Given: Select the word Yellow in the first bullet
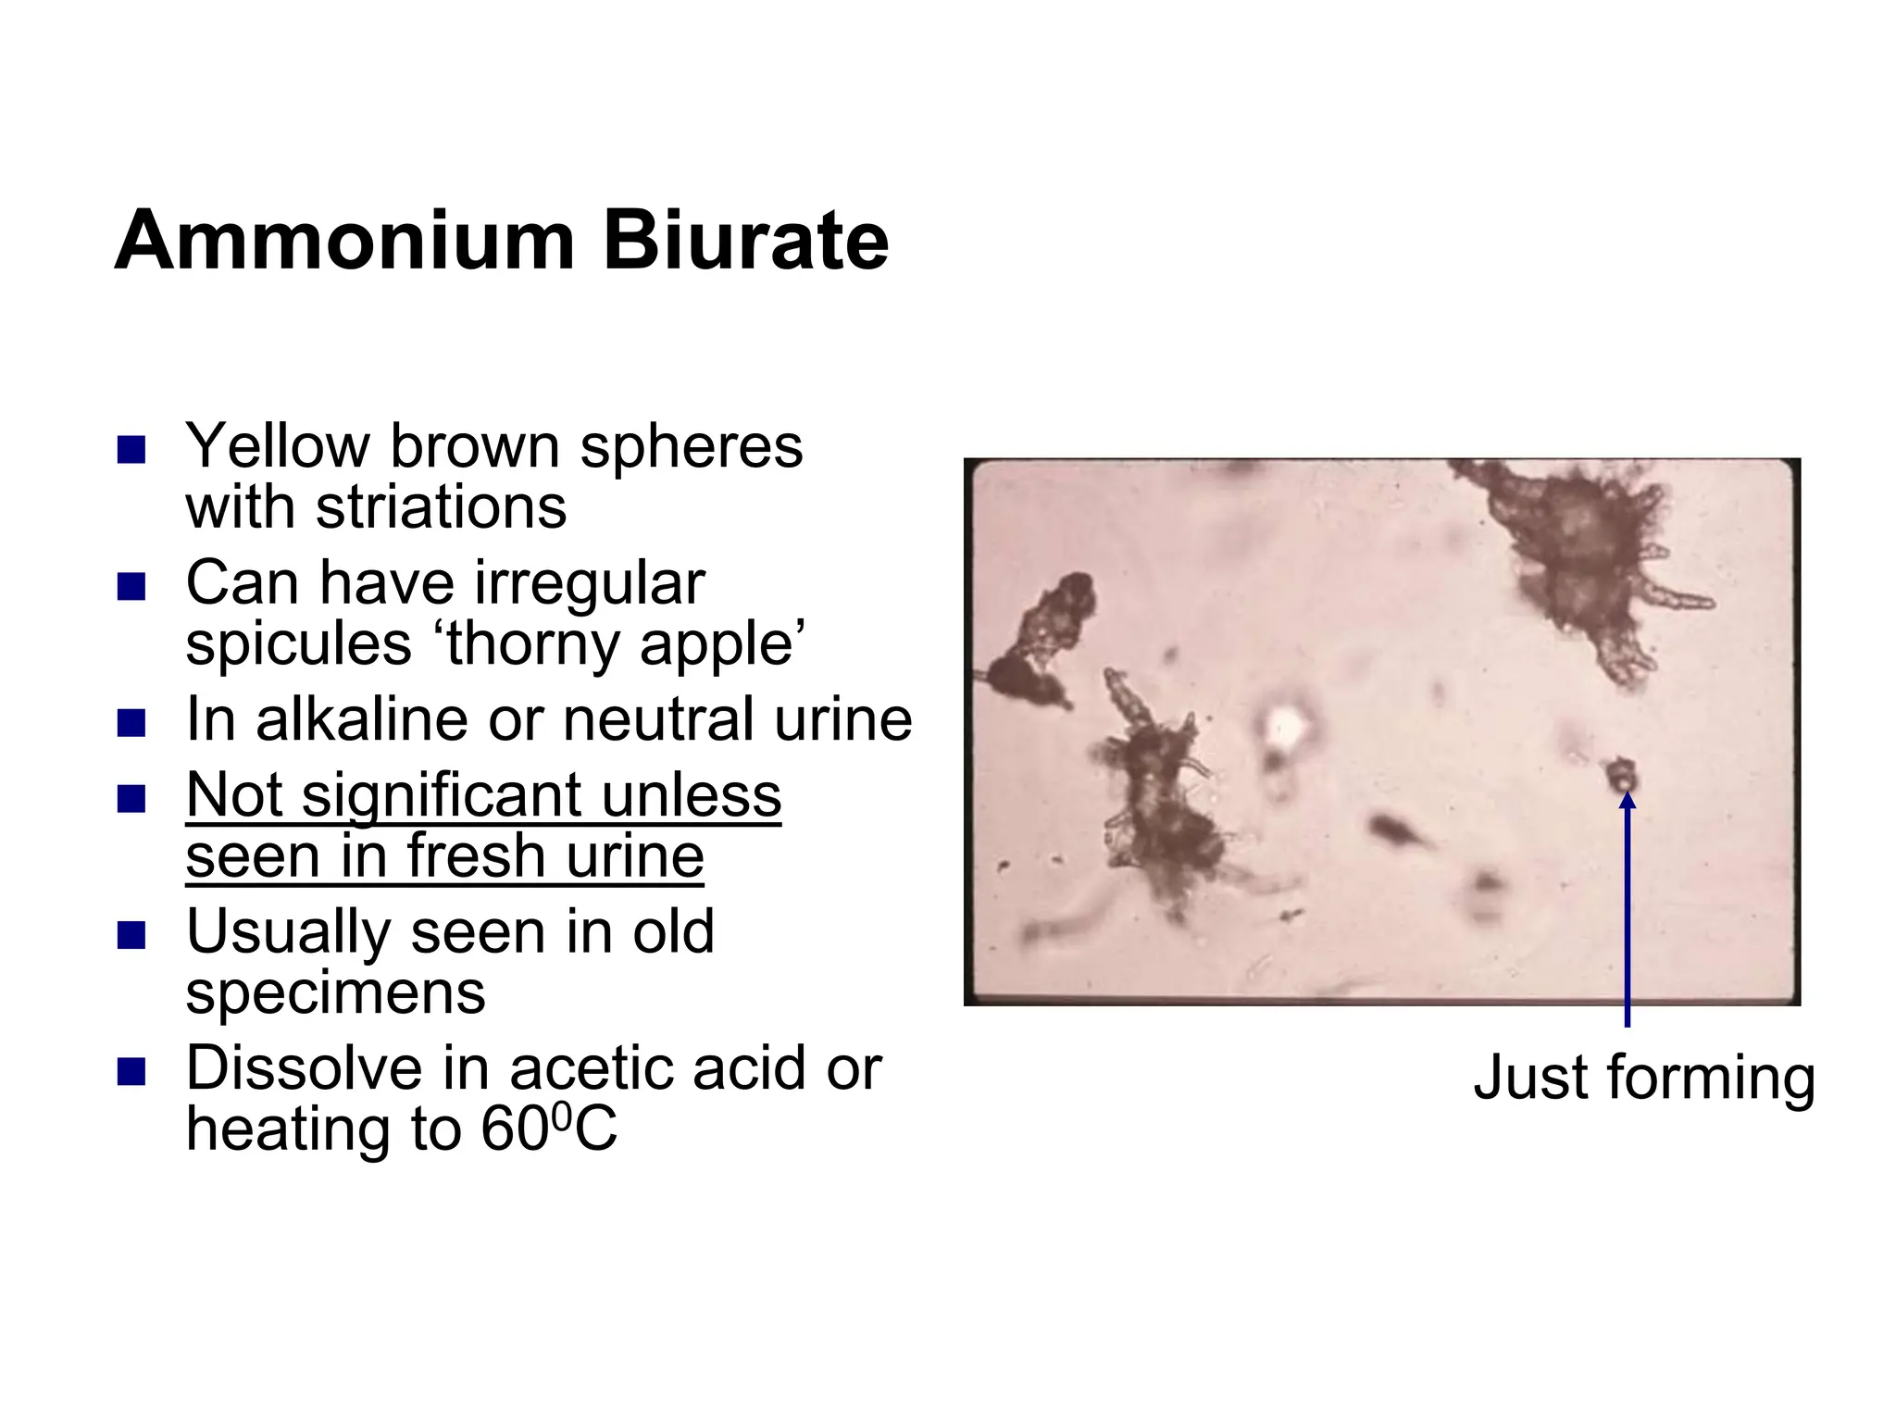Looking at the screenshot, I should point(277,446).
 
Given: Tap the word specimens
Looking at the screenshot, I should point(335,992).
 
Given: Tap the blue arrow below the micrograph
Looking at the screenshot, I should point(1627,917).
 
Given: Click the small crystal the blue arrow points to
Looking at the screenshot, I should point(1622,774).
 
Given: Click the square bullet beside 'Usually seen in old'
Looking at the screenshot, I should point(131,935).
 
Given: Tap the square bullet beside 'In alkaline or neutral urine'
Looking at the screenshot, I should point(131,722).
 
